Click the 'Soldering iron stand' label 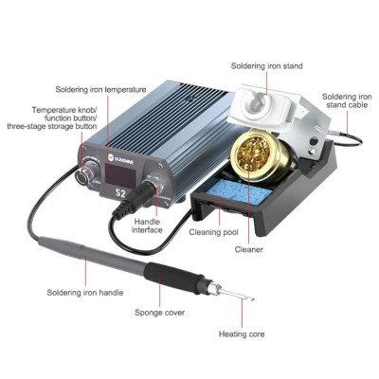coord(267,66)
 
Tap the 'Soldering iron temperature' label coord(100,89)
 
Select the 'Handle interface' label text coord(147,226)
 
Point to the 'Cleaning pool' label coord(213,232)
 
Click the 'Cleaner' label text coord(248,249)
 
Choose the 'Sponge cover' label coord(159,313)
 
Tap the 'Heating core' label coord(242,334)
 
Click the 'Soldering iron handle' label coord(85,293)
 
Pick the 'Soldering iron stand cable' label coord(347,100)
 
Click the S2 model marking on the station coord(120,193)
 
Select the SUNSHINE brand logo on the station coord(121,156)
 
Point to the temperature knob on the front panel coord(86,172)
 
